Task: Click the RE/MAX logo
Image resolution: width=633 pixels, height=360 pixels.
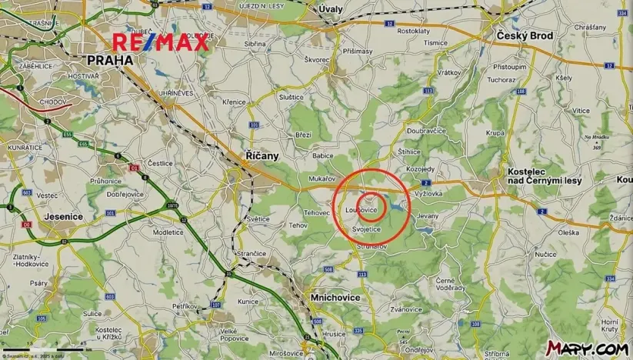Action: coord(161,42)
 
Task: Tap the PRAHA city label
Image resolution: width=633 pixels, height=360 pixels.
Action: coord(110,59)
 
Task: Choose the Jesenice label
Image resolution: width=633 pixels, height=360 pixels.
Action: coord(64,216)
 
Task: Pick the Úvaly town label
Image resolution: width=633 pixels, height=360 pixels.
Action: coord(331,8)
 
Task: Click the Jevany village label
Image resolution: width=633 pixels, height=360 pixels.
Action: coord(427,217)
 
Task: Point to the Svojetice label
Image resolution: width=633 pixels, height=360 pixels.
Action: coord(366,229)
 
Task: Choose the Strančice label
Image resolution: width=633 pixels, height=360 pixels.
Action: coord(252,252)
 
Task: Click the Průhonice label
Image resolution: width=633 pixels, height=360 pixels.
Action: coord(106,180)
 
